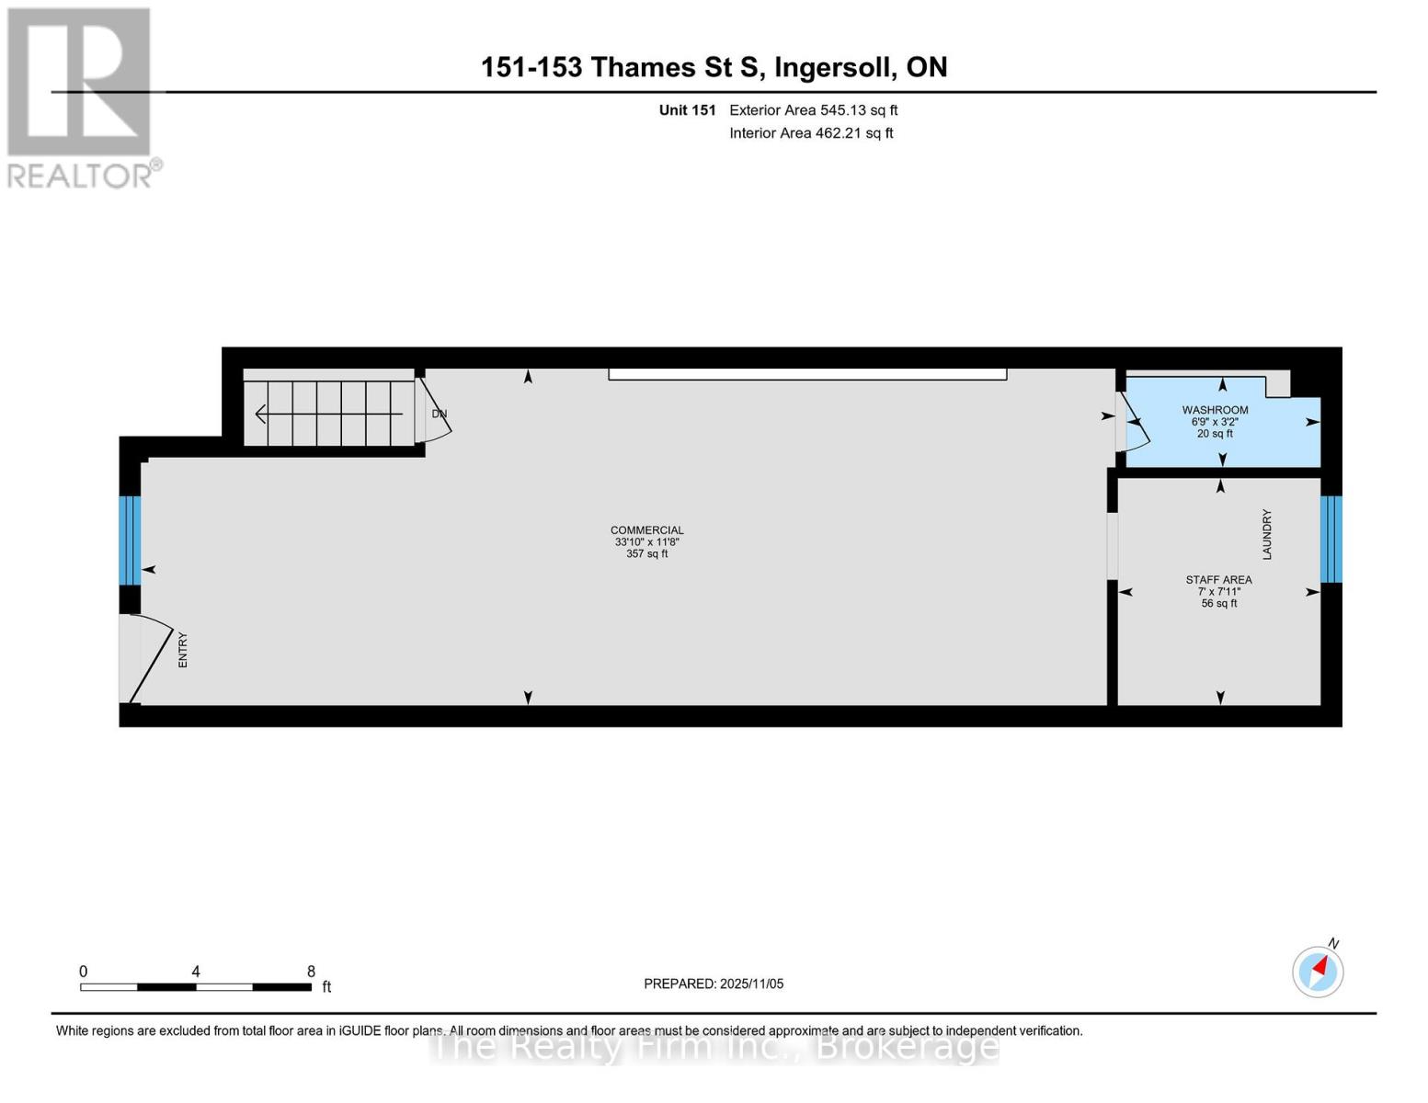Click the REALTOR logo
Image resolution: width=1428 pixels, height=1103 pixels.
[81, 97]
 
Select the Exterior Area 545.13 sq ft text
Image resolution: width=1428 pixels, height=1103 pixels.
[813, 110]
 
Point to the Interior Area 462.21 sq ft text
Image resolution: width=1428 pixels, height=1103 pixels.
[811, 133]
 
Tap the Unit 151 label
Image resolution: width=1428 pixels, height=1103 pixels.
[687, 110]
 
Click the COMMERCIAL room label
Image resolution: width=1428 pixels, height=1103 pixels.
[646, 530]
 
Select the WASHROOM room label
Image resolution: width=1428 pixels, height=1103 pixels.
[1215, 410]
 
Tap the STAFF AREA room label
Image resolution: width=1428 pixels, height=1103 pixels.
[1218, 580]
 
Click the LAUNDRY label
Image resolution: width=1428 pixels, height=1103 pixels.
[1266, 534]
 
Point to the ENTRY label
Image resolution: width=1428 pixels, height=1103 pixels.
[182, 650]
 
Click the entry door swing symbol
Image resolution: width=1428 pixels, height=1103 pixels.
[147, 657]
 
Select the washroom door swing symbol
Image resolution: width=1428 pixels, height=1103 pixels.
[1133, 422]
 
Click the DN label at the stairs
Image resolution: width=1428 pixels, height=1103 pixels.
[440, 414]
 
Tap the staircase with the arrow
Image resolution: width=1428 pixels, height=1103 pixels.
[328, 414]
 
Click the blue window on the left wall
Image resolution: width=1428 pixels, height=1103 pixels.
[130, 540]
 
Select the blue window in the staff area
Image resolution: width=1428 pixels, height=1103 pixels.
[1331, 539]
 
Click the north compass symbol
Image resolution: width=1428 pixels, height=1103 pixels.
[1318, 971]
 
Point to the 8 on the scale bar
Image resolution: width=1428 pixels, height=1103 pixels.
[311, 972]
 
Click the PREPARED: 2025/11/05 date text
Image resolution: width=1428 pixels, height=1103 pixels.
[714, 984]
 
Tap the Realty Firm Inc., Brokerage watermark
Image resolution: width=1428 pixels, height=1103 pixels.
[714, 1046]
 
